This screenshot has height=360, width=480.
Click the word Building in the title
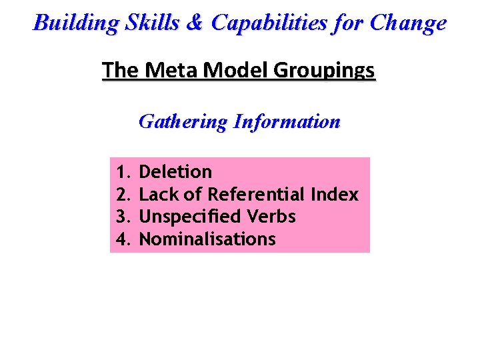(73, 23)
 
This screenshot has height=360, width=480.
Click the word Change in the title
(408, 23)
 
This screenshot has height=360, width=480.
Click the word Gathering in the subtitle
(183, 122)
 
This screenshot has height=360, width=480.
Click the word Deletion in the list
(175, 172)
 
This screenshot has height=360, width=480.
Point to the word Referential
(257, 195)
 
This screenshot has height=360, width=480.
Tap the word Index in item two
(335, 195)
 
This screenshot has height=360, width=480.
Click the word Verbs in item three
(271, 217)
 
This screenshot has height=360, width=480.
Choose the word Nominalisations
(207, 239)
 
